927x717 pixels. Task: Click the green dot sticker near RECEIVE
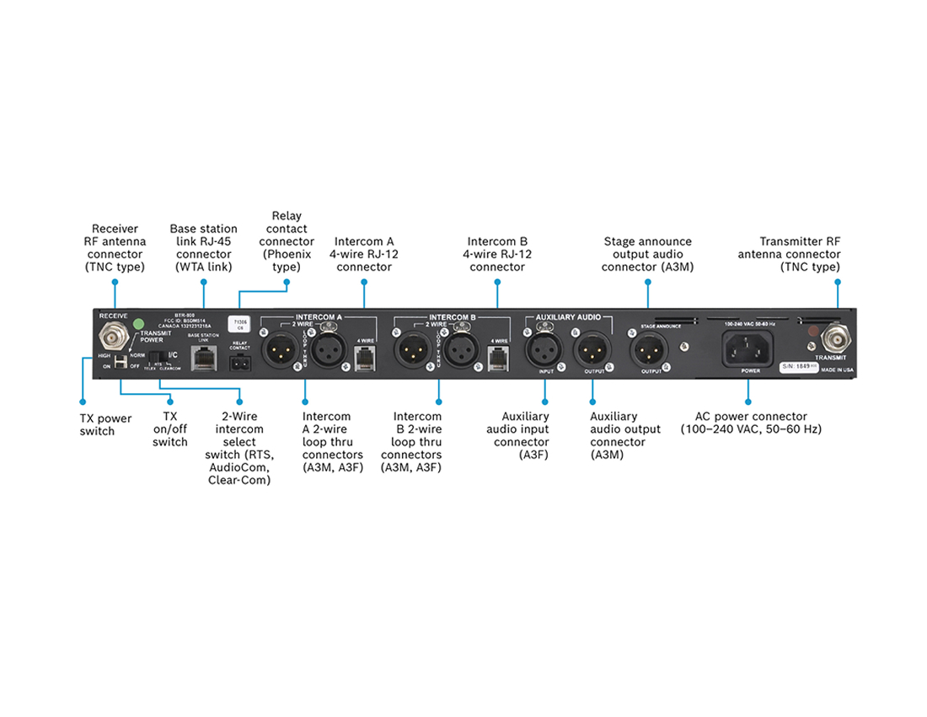tap(138, 323)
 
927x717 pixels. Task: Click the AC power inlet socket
tap(749, 347)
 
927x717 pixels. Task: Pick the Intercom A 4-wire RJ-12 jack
tap(364, 357)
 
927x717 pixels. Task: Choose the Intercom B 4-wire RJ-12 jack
tap(497, 357)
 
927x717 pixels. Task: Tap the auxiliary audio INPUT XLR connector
tap(544, 348)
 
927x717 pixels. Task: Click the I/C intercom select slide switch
tap(157, 357)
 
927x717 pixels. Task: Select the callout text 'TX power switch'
tap(105, 424)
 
